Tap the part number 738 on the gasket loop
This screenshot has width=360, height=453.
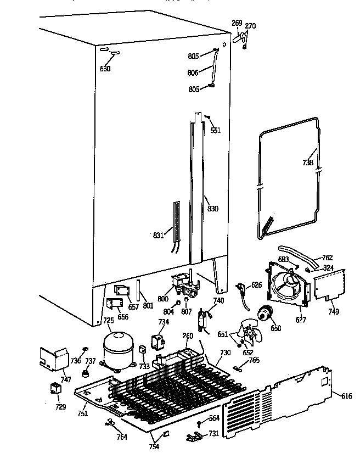click(307, 163)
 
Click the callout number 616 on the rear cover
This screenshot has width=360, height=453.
click(347, 396)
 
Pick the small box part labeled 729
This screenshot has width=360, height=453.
click(55, 389)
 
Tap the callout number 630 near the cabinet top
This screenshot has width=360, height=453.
click(105, 69)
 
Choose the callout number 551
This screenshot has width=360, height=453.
click(215, 130)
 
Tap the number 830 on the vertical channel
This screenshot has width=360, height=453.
click(212, 208)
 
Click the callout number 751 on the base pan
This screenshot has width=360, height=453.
click(82, 414)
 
